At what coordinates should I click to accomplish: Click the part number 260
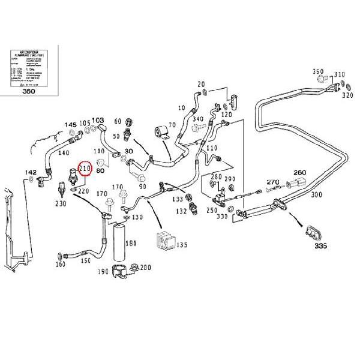(300, 172)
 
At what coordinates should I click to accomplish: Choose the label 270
(273, 182)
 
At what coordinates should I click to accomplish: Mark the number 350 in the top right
(319, 72)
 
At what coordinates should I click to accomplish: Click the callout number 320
(347, 94)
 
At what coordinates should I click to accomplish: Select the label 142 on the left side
(31, 172)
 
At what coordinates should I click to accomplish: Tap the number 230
(61, 204)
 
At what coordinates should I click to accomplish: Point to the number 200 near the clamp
(145, 267)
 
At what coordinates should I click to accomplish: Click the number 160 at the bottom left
(60, 265)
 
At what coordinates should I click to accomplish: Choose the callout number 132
(181, 212)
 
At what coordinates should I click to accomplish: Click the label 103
(97, 120)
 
